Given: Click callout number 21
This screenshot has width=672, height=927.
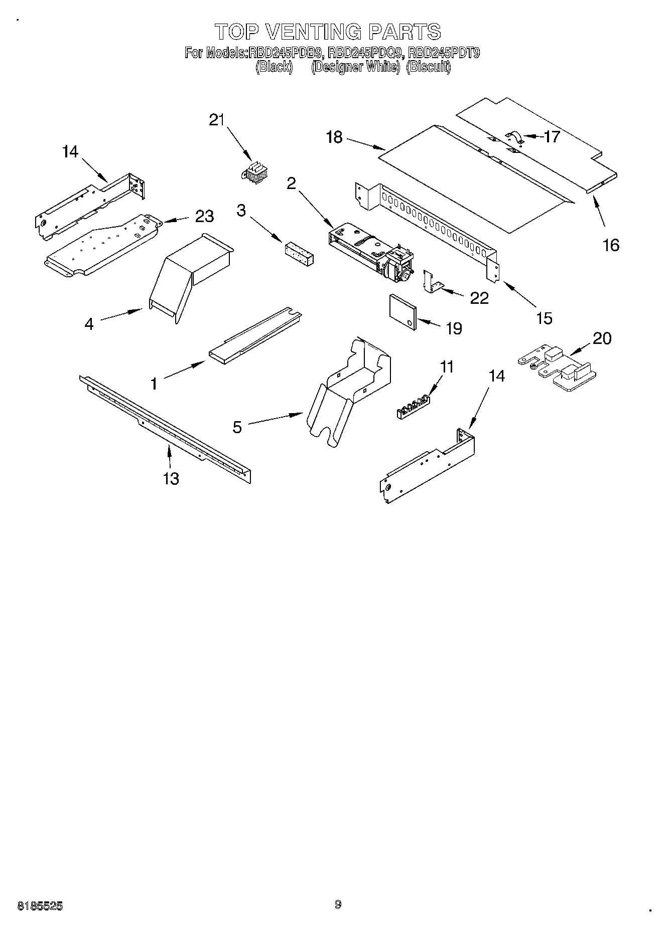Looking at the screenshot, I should (x=216, y=120).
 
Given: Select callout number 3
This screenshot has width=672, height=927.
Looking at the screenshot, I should (x=241, y=211).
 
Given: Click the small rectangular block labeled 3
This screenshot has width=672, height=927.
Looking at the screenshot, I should (x=299, y=254).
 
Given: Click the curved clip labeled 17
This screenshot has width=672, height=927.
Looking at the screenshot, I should (x=514, y=137).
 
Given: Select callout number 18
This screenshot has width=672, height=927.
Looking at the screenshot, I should (x=334, y=137).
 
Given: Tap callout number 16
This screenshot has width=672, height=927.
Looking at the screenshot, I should (x=611, y=245).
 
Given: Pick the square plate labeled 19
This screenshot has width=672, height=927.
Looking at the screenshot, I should (x=402, y=312).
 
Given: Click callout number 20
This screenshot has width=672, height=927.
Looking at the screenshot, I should (x=602, y=338).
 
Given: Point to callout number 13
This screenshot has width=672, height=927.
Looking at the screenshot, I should (x=171, y=478).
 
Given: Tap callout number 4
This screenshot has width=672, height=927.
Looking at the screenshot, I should (x=89, y=324).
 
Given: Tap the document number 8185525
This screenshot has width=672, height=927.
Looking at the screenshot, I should (x=40, y=906).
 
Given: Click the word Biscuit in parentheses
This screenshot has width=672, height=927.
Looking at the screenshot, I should (x=428, y=67).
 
